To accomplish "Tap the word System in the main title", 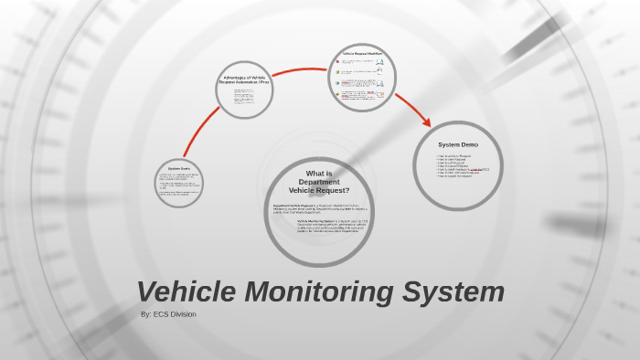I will [x=455, y=291].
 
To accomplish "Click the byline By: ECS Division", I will [x=168, y=314].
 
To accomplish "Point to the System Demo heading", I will [x=457, y=144].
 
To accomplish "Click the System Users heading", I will [x=178, y=168].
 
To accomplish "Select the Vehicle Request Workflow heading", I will [x=361, y=54].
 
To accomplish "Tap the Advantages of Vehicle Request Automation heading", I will [x=244, y=79].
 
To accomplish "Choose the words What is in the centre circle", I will [x=319, y=174].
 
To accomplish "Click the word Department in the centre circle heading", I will [x=319, y=182].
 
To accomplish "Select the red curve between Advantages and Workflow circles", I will [x=302, y=71].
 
